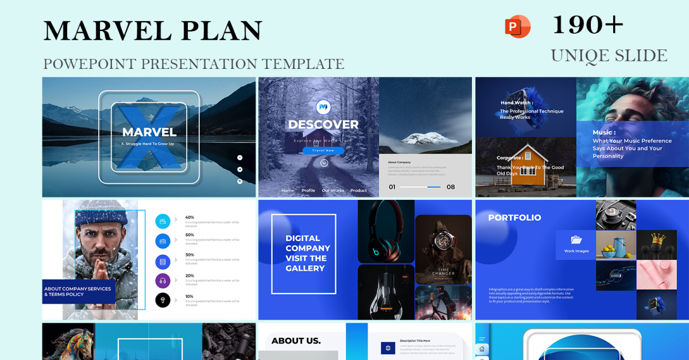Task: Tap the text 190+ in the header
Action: pyautogui.click(x=587, y=25)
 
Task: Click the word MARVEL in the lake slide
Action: pyautogui.click(x=149, y=132)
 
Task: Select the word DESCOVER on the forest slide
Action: pyautogui.click(x=323, y=125)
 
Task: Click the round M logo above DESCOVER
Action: pyautogui.click(x=323, y=106)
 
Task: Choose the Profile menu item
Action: pyautogui.click(x=308, y=191)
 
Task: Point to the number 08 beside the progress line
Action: pyautogui.click(x=451, y=187)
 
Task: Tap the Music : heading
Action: pyautogui.click(x=604, y=133)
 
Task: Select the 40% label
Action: pyautogui.click(x=189, y=218)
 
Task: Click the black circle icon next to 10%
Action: pyautogui.click(x=162, y=300)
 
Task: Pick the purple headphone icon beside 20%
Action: pyautogui.click(x=162, y=281)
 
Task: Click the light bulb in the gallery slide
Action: pyautogui.click(x=385, y=292)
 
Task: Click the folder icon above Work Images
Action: pyautogui.click(x=576, y=240)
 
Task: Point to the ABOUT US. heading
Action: pyautogui.click(x=296, y=340)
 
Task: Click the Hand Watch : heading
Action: pyautogui.click(x=516, y=103)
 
